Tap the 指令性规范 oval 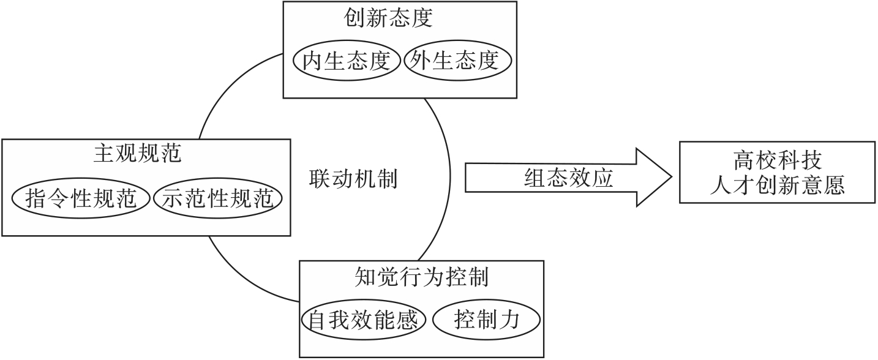81,199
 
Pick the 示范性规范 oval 217,199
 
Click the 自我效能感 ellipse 364,320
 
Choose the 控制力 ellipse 487,320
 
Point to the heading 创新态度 388,18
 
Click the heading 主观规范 137,153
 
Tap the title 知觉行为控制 421,277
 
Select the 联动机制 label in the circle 353,179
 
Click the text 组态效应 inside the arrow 569,179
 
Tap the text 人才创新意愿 776,186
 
